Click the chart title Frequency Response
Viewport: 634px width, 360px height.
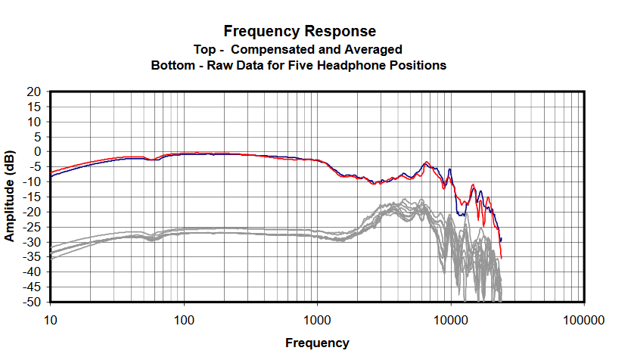click(x=300, y=31)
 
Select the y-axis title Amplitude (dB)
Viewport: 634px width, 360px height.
click(x=10, y=196)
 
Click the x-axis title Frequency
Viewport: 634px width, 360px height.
click(x=317, y=343)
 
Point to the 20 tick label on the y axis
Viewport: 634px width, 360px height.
click(x=33, y=92)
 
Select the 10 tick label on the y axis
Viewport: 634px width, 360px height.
click(x=33, y=122)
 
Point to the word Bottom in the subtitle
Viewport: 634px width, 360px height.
click(x=173, y=66)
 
